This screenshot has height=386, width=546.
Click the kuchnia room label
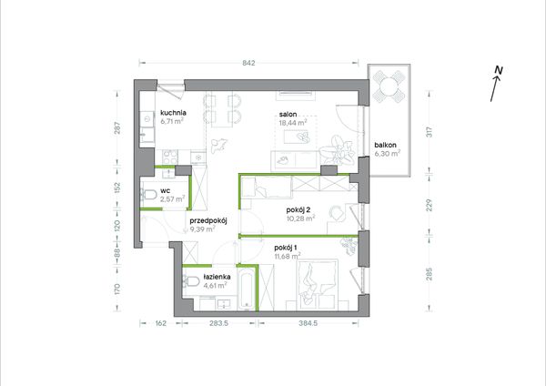click(173, 113)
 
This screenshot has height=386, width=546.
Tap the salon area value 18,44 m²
click(293, 122)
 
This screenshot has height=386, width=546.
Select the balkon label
click(386, 146)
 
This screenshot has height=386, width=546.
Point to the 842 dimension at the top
click(249, 63)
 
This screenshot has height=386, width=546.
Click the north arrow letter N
click(499, 70)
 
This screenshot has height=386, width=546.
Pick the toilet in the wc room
click(149, 195)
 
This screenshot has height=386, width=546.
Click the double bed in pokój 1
click(317, 284)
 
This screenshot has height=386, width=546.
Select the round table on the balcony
click(389, 86)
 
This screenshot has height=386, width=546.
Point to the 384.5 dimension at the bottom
click(308, 323)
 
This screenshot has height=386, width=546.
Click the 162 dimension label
click(160, 323)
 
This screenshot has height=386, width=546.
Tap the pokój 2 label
click(298, 210)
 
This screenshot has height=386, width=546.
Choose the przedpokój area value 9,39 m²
click(202, 229)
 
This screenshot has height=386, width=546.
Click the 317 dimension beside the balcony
click(430, 131)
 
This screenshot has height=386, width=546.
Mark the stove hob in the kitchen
click(170, 157)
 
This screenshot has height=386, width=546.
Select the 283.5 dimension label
click(218, 323)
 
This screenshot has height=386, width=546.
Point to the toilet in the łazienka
click(191, 280)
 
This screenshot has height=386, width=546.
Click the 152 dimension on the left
click(117, 188)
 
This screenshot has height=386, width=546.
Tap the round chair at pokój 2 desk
click(337, 212)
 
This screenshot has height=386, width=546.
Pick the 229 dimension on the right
click(430, 205)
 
